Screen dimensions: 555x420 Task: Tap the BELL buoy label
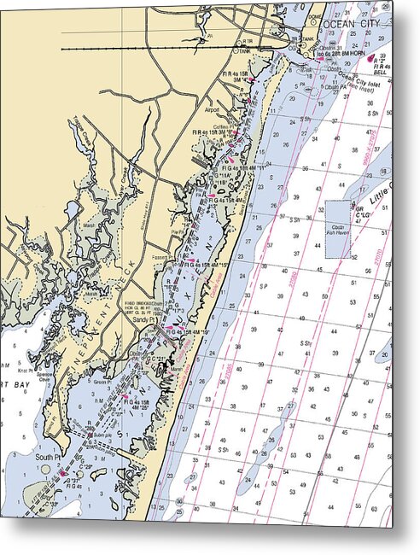pos(383,73)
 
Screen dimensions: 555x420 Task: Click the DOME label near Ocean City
pos(316,15)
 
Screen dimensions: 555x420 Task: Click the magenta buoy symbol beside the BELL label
pos(371,59)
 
